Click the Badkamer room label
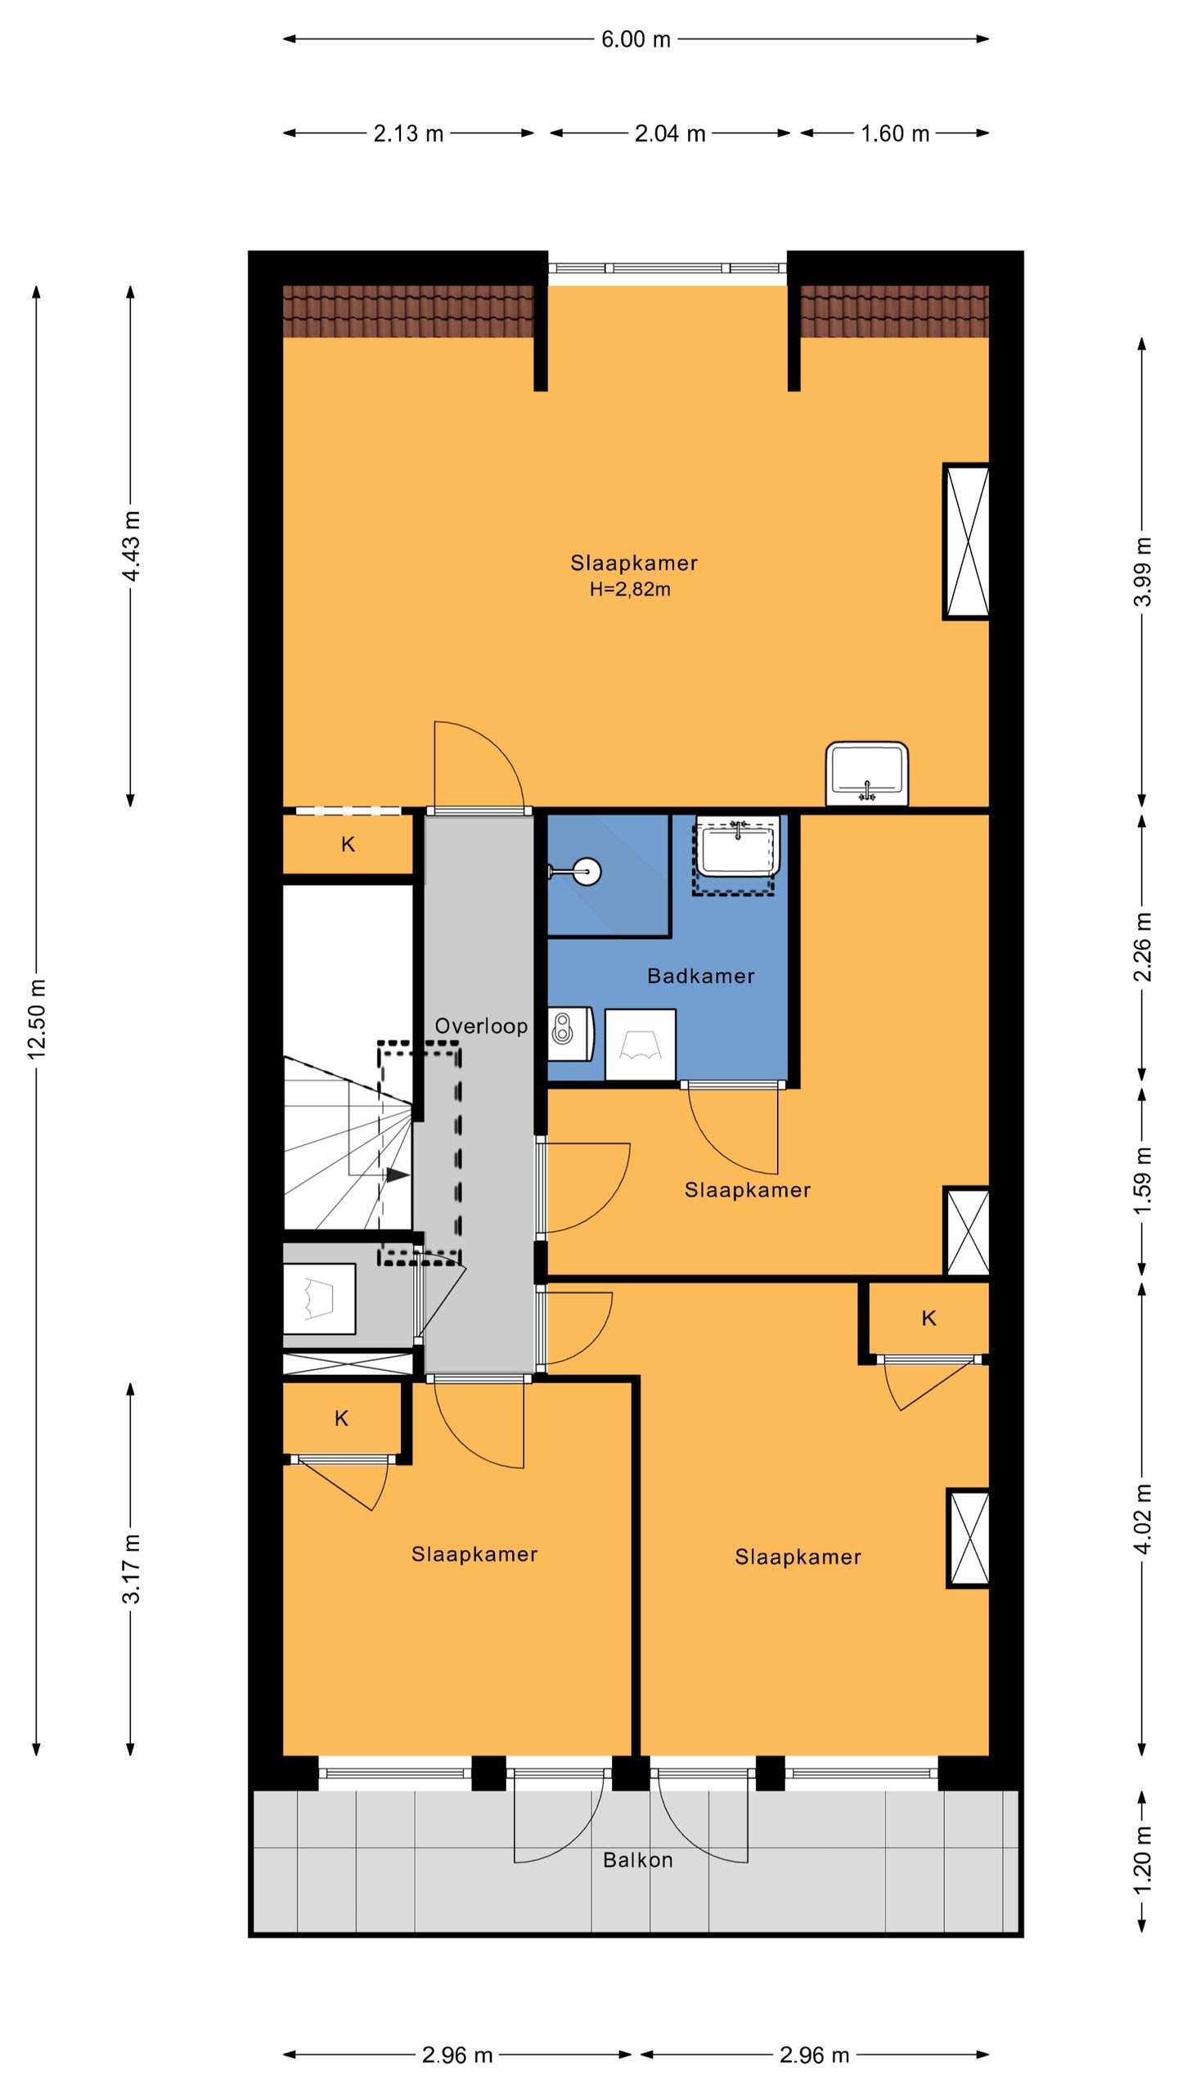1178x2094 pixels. point(700,976)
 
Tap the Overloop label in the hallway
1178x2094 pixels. point(481,1026)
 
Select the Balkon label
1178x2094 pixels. point(638,1860)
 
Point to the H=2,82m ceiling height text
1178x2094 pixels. point(630,589)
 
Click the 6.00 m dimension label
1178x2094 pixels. point(636,39)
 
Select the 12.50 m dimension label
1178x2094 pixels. point(38,1018)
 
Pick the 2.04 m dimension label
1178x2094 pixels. point(670,133)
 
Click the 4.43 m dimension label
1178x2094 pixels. point(132,546)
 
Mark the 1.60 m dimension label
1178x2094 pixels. point(895,133)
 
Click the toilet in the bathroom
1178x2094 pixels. point(569,1033)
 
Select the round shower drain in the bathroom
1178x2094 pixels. point(587,871)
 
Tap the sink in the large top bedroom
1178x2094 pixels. point(867,774)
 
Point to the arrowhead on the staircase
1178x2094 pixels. point(398,1175)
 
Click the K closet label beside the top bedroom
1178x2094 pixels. point(348,845)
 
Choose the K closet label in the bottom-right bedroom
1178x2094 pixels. point(928,1318)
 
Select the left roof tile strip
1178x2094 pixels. point(408,311)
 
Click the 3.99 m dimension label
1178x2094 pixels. point(1143,572)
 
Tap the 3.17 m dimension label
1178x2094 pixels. point(132,1569)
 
